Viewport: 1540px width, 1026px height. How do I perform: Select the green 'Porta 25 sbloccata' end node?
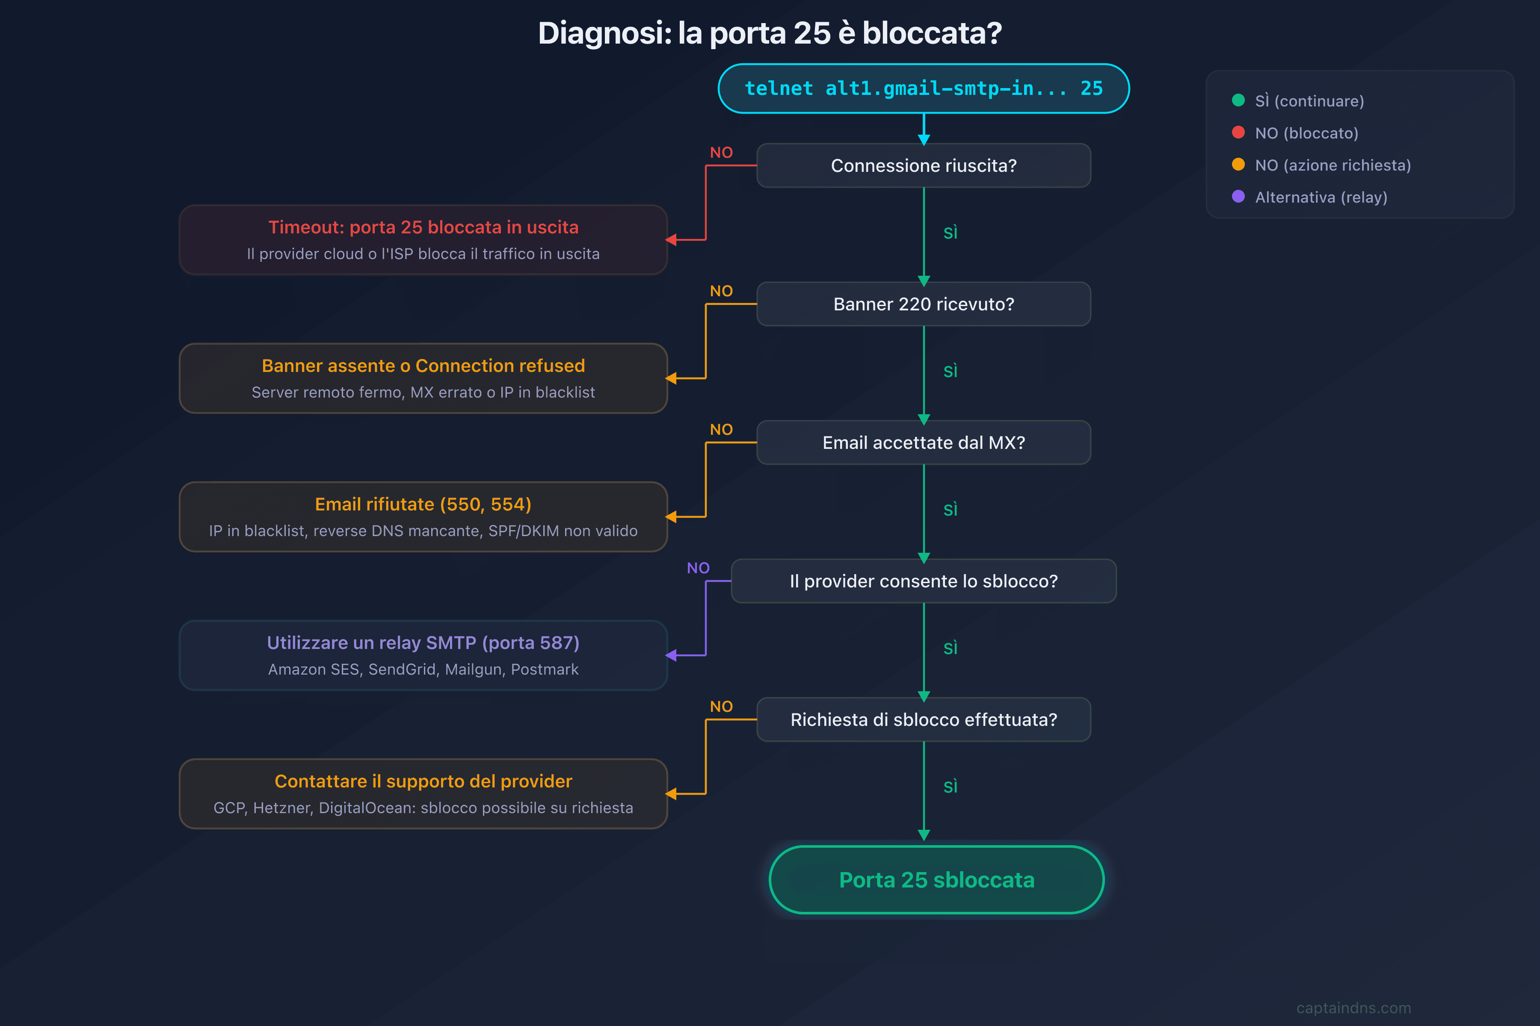[936, 880]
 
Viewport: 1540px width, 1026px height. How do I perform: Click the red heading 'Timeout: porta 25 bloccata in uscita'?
[423, 227]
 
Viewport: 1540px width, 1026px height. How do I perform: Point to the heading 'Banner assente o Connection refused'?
[423, 366]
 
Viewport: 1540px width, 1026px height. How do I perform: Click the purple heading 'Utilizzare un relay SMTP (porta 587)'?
[423, 643]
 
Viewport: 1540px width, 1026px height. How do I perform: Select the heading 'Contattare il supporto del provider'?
[423, 781]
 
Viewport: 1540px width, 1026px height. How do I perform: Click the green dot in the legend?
[1238, 100]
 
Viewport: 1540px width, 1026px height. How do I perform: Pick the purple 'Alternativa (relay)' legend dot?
[1238, 196]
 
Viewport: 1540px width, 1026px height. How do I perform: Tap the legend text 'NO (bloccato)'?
[1307, 133]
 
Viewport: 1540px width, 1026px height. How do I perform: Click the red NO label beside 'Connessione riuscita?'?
[722, 153]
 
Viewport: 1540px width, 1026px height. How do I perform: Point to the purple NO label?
[698, 568]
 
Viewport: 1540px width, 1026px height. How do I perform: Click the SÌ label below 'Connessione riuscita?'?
[951, 232]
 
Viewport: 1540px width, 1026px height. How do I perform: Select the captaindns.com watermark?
[1353, 1008]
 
